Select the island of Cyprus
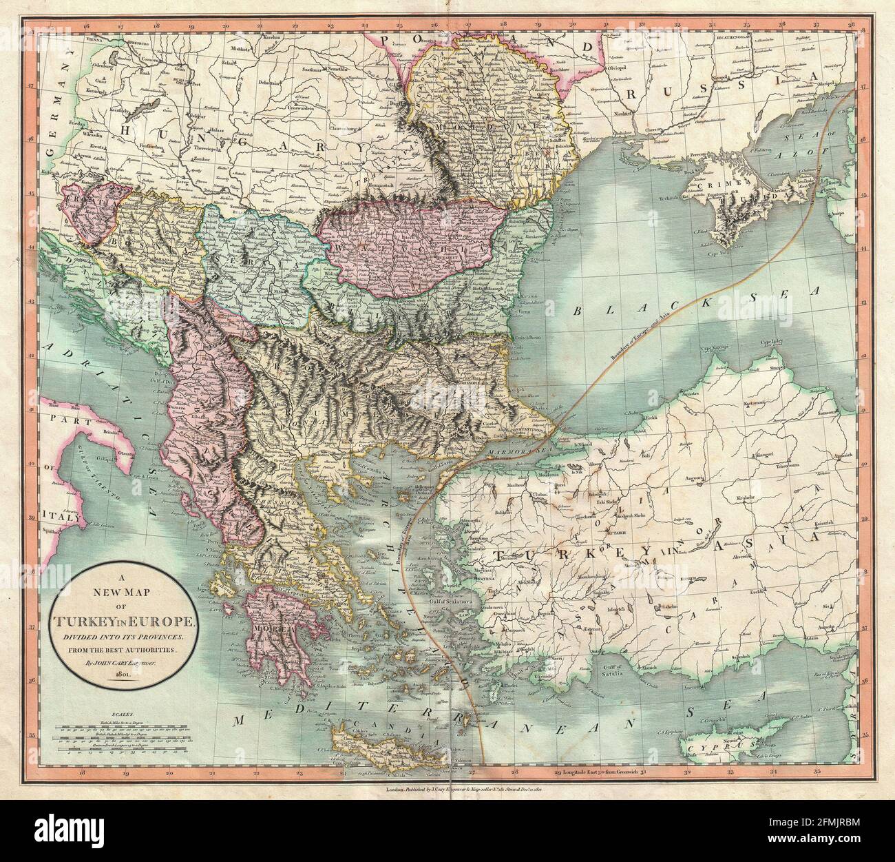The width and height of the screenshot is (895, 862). pos(730,747)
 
